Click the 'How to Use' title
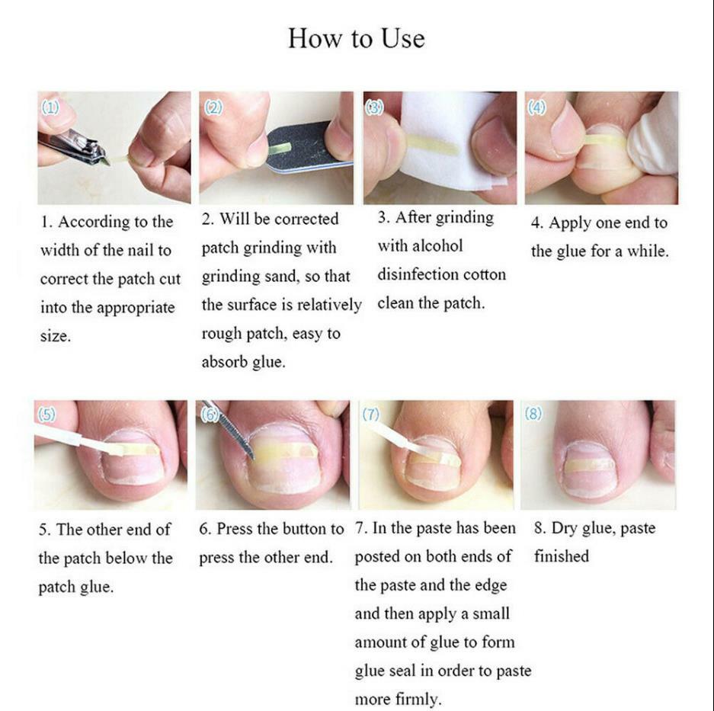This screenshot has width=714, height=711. [356, 38]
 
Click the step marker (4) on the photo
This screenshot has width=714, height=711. [537, 107]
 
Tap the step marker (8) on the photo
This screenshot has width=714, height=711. [533, 414]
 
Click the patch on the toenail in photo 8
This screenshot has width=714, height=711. [589, 463]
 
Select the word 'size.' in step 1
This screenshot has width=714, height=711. [55, 336]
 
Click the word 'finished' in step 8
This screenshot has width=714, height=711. [562, 557]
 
